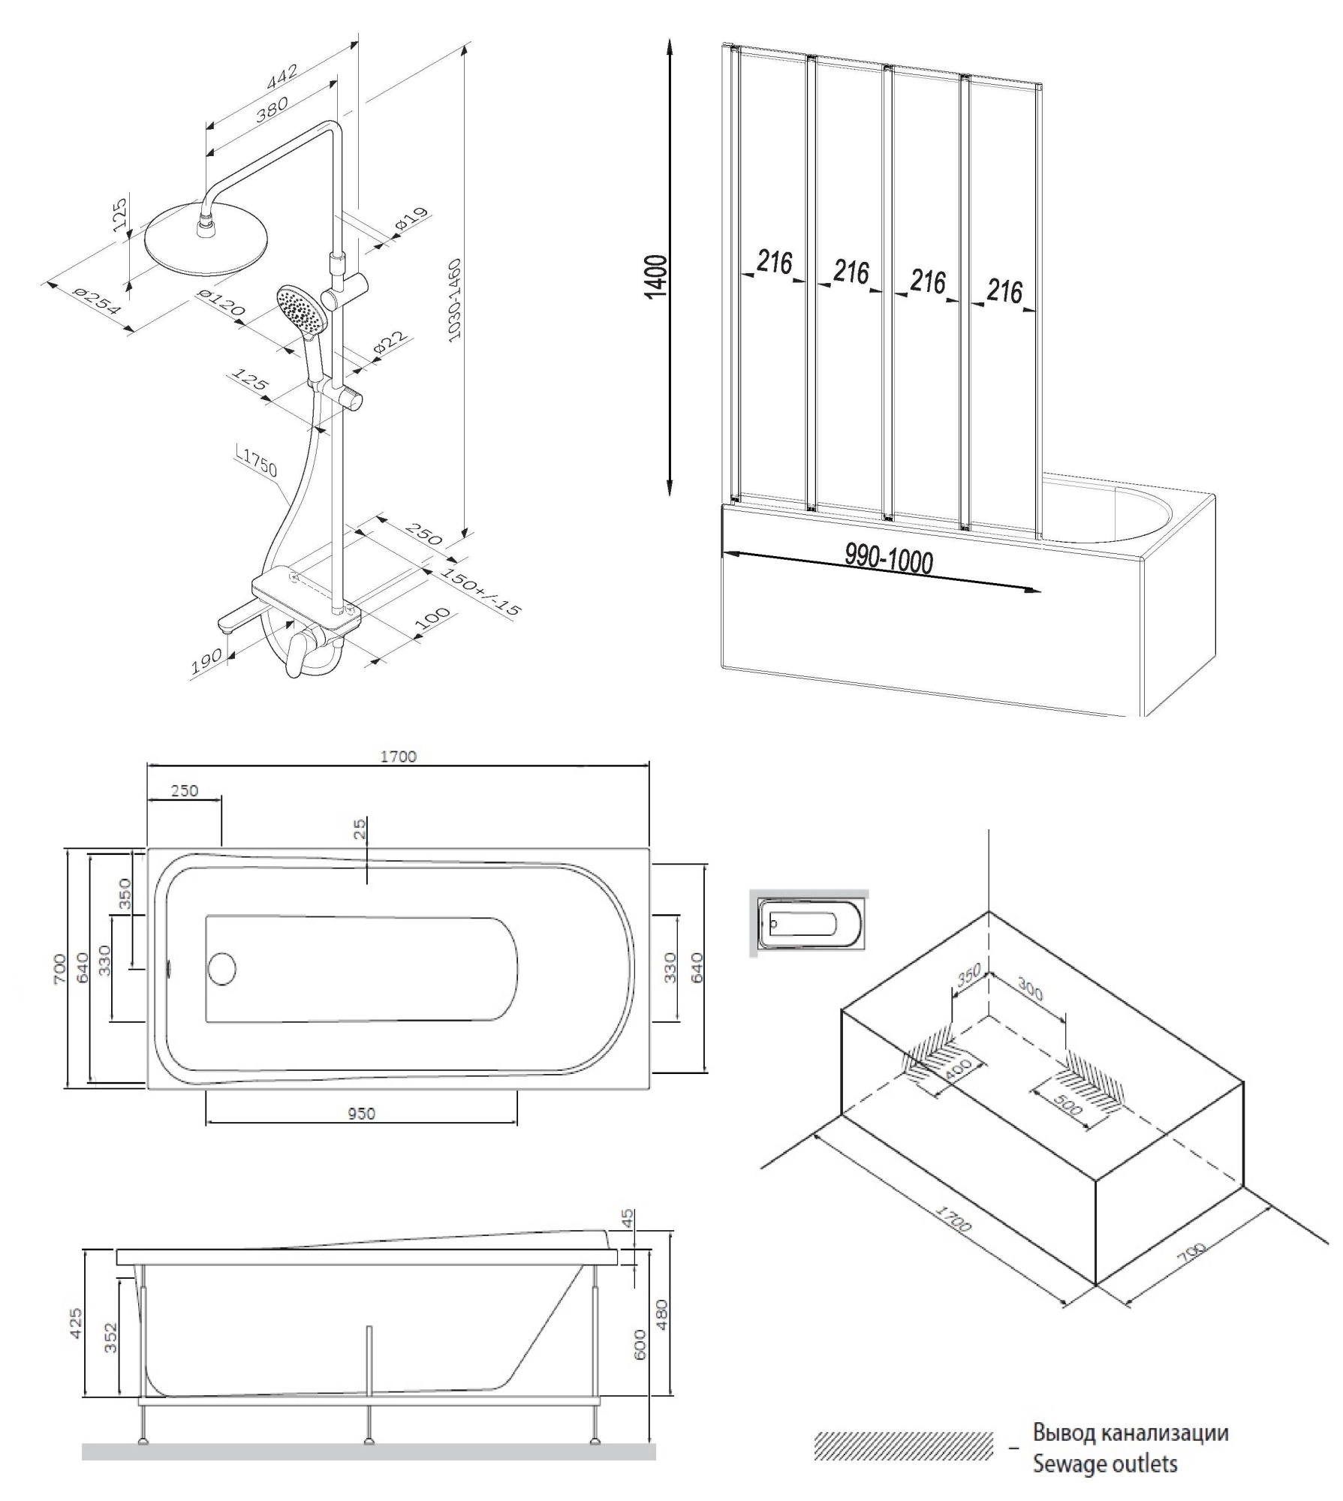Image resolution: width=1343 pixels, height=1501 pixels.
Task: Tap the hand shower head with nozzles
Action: pyautogui.click(x=302, y=309)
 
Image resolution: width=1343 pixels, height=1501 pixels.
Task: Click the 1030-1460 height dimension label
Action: pyautogui.click(x=455, y=300)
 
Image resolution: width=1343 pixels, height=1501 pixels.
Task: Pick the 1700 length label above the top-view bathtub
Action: pyautogui.click(x=398, y=757)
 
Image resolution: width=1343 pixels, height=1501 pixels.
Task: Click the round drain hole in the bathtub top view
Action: pyautogui.click(x=221, y=968)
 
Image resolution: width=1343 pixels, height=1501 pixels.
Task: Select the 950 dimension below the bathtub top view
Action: pyautogui.click(x=361, y=1114)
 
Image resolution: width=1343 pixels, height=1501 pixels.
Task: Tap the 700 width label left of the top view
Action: pyautogui.click(x=59, y=968)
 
